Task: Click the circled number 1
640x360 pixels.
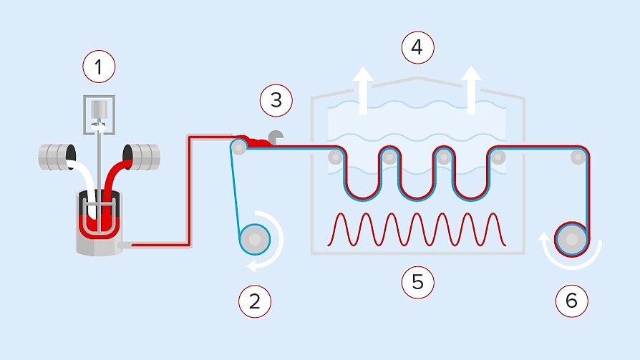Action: coord(99,68)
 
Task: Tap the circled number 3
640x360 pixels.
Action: coord(276,100)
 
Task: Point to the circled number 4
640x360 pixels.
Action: coord(417,49)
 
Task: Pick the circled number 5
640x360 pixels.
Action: coord(417,282)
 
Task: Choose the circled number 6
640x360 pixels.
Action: coord(571,301)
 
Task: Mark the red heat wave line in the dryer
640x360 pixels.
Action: coord(418,228)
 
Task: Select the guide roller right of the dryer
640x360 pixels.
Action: coord(577,157)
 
